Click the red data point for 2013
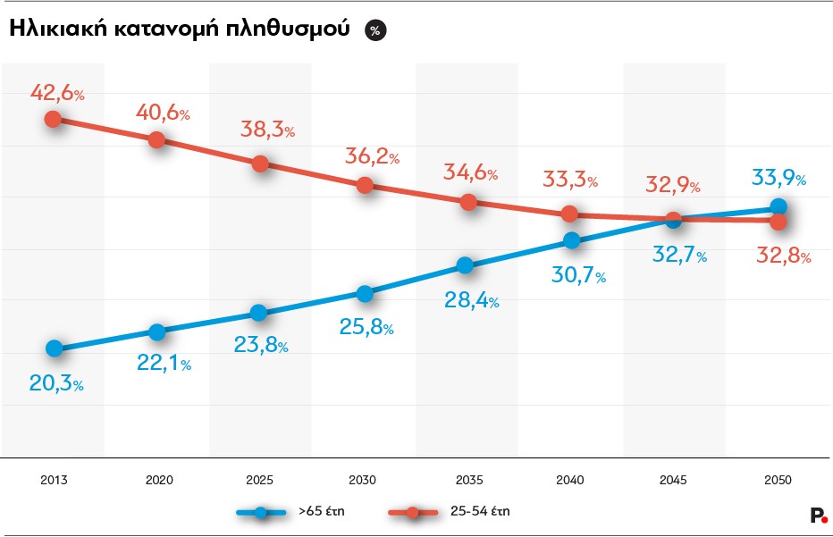point(54,119)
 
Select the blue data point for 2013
point(54,348)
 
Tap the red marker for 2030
point(364,185)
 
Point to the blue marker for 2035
point(465,264)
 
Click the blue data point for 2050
point(778,207)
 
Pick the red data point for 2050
point(778,222)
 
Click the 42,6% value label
point(57,92)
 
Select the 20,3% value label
point(56,384)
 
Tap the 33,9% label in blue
point(778,179)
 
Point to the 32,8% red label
point(782,256)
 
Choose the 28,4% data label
point(471,300)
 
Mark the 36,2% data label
point(372,157)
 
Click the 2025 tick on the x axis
point(259,480)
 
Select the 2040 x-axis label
point(569,480)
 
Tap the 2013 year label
point(54,480)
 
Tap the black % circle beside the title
point(374,30)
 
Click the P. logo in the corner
point(817,515)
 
